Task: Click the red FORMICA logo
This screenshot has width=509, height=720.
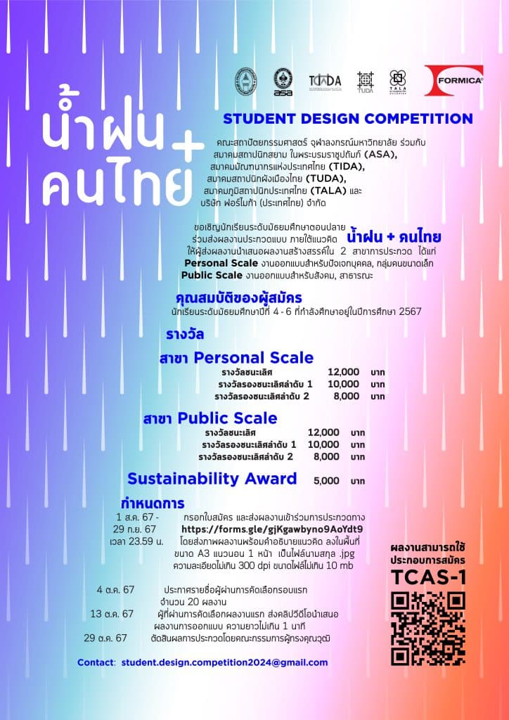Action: pyautogui.click(x=453, y=79)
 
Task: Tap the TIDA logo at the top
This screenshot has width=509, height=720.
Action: pyautogui.click(x=325, y=81)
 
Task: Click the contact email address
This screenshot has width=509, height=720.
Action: pyautogui.click(x=224, y=662)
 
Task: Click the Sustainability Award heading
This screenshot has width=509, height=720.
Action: pyautogui.click(x=212, y=479)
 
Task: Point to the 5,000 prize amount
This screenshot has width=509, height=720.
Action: pyautogui.click(x=326, y=481)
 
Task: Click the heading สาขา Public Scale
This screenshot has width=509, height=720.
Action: pyautogui.click(x=210, y=418)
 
